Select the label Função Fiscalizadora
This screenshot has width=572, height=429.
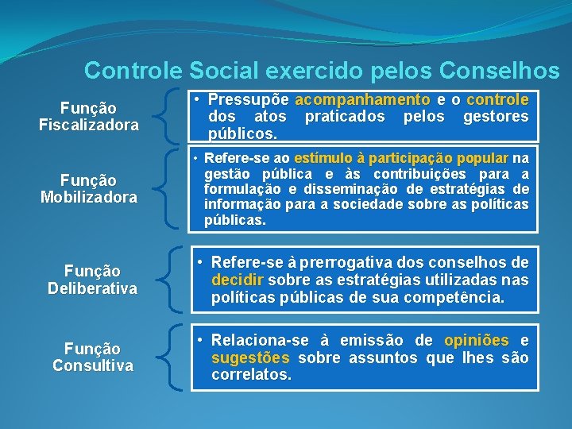pos(89,116)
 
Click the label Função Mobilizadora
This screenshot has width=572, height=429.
pos(89,189)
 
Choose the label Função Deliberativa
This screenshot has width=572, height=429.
pos(92,280)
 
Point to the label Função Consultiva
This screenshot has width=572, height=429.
pos(92,357)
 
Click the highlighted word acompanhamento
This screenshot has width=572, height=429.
pos(361,100)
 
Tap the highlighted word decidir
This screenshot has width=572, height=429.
pos(238,280)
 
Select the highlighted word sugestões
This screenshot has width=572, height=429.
pos(249,357)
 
